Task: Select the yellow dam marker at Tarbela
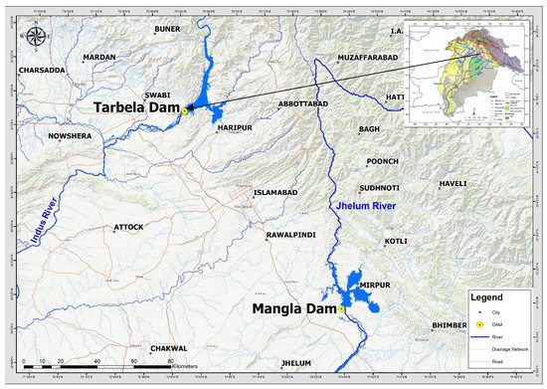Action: point(184,110)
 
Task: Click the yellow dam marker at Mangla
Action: point(341,310)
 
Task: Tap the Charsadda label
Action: point(43,71)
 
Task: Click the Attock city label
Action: point(128,227)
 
